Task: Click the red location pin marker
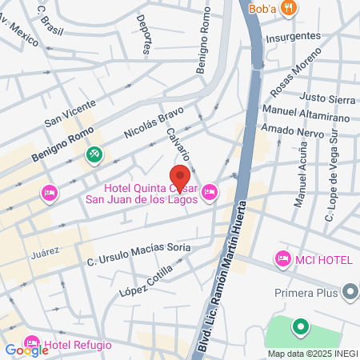180,178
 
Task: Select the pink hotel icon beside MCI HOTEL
282,258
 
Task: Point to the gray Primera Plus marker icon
350,292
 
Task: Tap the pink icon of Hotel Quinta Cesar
210,190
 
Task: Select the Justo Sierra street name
326,99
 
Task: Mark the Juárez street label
45,252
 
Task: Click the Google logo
26,350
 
